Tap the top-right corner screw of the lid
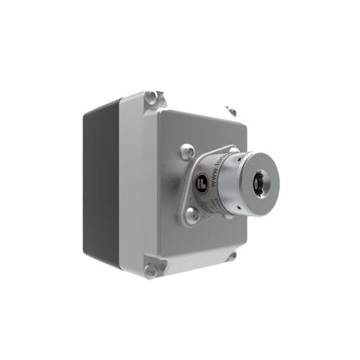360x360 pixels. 231,111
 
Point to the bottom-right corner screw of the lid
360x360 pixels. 231,256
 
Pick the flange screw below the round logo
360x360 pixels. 192,214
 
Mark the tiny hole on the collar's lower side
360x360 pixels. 229,212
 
